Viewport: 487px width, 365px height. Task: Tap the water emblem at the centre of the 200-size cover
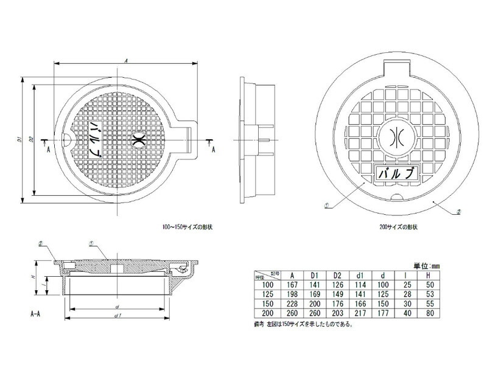coord(396,137)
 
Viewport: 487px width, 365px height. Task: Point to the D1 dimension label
coord(19,139)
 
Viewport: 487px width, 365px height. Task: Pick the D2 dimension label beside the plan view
coord(31,139)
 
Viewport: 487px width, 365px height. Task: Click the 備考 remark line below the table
coord(305,324)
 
